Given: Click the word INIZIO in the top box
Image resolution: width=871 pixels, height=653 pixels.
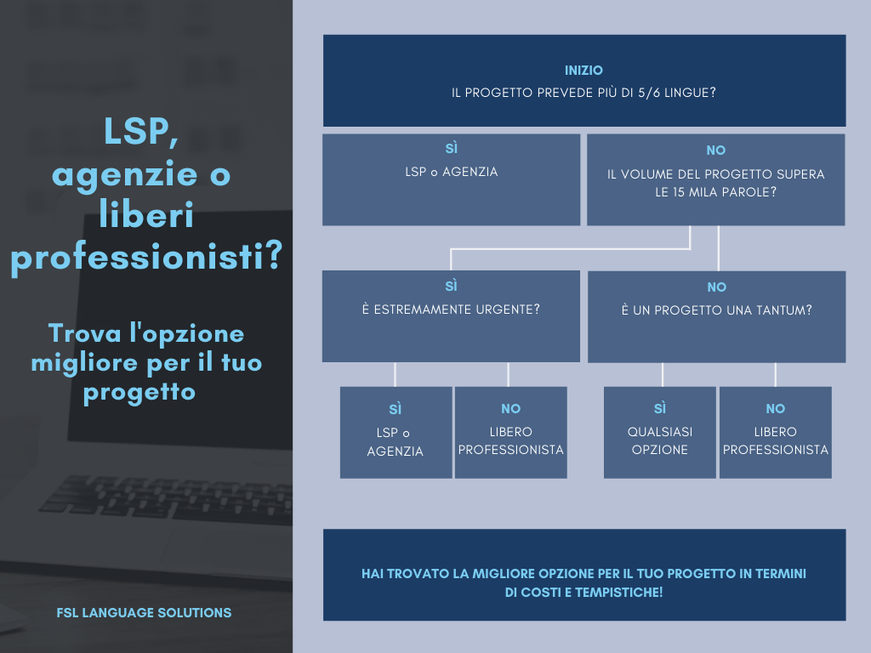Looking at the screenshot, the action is click(x=584, y=71).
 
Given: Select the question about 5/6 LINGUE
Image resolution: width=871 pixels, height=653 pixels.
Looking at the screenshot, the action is click(x=584, y=92).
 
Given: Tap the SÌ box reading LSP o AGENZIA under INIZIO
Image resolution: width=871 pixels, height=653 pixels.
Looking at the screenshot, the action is click(x=451, y=179).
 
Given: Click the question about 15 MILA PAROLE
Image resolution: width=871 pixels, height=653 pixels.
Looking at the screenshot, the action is click(x=715, y=183).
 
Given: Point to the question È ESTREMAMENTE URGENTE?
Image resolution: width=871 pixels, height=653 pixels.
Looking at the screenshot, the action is click(x=451, y=309).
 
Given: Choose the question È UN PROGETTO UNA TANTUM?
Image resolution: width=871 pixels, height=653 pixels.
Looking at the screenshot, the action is click(x=716, y=310).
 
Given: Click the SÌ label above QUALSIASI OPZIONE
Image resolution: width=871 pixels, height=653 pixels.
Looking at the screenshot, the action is click(x=660, y=408).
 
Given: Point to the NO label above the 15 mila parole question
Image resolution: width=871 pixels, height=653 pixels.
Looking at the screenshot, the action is click(x=715, y=150).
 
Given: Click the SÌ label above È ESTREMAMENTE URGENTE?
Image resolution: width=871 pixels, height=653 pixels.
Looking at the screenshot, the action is click(x=451, y=287).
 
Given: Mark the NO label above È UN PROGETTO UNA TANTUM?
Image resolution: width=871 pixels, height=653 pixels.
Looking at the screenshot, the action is click(x=716, y=287).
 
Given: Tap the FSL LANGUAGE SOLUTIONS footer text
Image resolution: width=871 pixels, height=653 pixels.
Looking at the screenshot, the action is click(x=144, y=612).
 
